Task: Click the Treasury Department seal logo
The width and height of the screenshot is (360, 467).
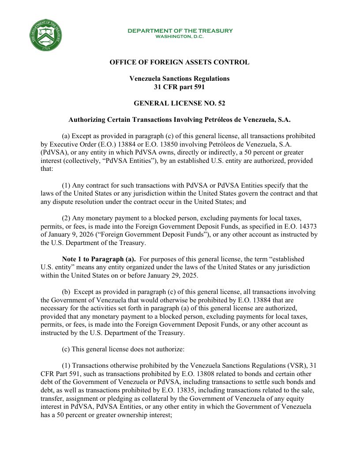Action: pos(45,35)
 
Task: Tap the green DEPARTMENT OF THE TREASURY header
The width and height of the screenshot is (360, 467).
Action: pos(180,30)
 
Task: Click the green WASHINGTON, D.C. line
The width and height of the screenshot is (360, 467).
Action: pos(180,36)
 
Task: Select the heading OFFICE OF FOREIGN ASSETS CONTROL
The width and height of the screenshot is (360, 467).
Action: pos(180,62)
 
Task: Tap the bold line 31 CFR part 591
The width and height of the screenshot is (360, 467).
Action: pos(179,87)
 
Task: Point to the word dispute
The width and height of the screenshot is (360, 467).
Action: pos(63,202)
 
